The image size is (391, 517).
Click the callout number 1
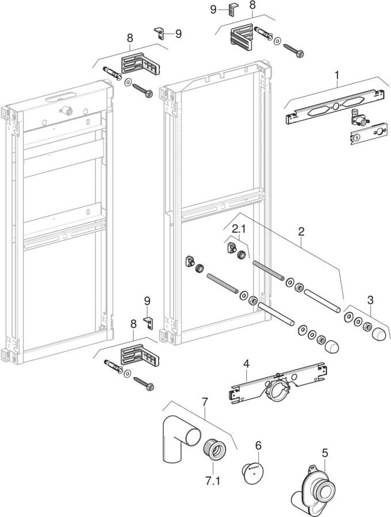(x=338, y=74)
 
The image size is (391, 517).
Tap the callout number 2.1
(x=238, y=229)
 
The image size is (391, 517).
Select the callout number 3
(x=370, y=299)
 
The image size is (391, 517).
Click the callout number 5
(x=325, y=453)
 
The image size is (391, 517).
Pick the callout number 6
(x=258, y=445)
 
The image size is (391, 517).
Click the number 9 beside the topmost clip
(x=213, y=9)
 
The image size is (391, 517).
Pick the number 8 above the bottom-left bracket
(x=133, y=325)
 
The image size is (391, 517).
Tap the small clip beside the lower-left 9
(x=149, y=322)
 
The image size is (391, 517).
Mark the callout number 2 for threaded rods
(x=301, y=232)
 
